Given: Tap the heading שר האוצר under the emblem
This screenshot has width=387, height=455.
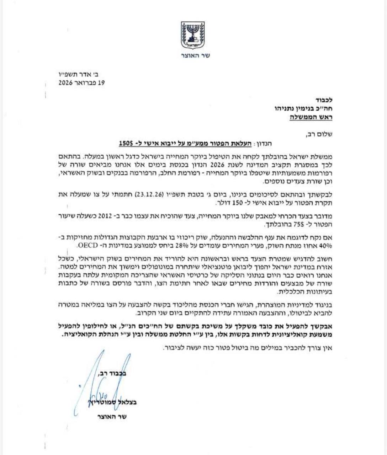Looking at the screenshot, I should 193,55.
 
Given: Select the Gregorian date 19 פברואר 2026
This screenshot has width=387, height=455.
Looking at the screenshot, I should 82,82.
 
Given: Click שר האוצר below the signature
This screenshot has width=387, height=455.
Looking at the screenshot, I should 111,417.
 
